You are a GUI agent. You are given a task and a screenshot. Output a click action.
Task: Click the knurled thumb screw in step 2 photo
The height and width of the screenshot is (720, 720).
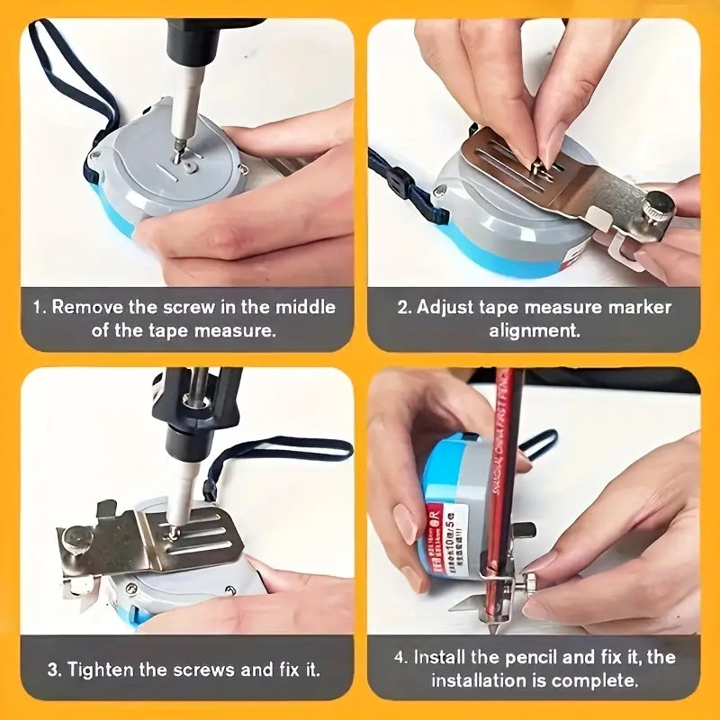(655, 202)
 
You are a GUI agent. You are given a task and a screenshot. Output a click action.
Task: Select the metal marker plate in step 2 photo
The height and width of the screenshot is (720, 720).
(549, 180)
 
